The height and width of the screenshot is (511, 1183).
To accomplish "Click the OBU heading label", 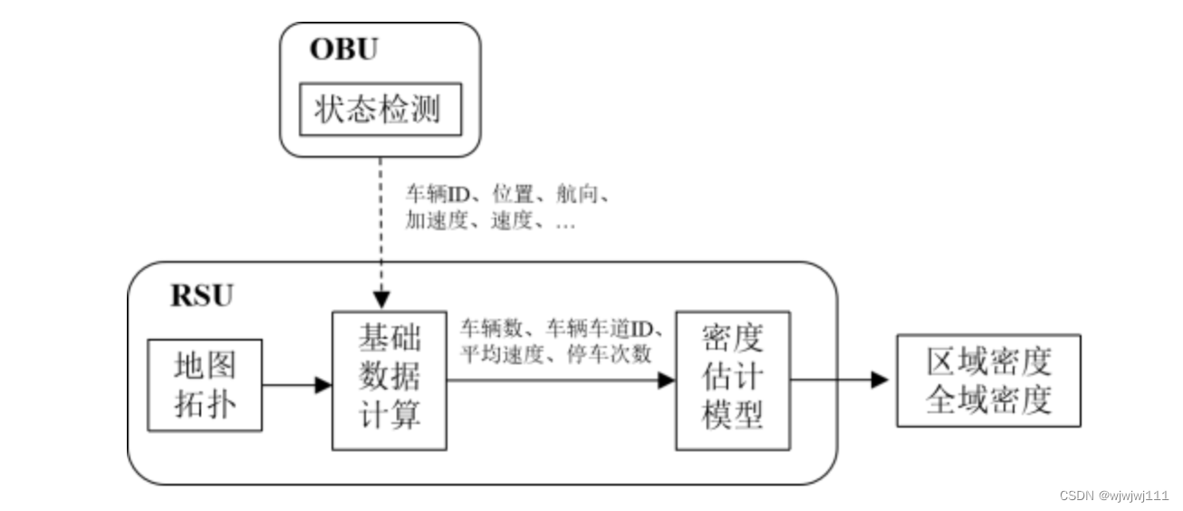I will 344,49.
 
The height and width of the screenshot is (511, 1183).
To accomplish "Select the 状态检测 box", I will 380,110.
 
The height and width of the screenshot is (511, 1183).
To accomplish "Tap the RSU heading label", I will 201,296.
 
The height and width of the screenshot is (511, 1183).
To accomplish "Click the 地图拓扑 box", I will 205,385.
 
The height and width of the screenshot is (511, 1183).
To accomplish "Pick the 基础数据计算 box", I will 390,381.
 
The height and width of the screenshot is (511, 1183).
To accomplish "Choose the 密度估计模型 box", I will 732,381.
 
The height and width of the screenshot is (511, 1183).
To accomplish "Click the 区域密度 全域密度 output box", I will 988,381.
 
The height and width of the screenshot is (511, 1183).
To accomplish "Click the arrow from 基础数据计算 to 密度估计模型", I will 562,381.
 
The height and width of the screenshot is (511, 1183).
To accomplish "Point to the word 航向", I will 586,194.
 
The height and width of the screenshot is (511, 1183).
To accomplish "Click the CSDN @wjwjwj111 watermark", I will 1113,496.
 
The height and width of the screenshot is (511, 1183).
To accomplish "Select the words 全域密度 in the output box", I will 988,399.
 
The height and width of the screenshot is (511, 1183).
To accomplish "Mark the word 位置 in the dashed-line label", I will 512,194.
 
